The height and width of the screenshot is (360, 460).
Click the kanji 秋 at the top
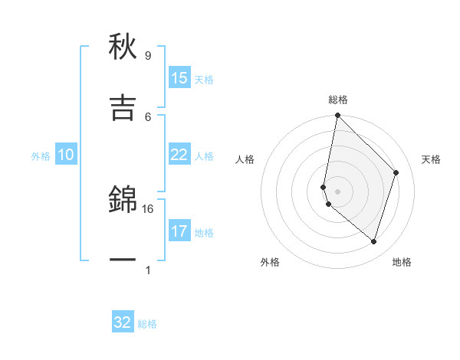click(x=123, y=47)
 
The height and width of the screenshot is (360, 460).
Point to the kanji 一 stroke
click(x=123, y=260)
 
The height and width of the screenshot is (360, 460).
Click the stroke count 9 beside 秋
click(x=147, y=56)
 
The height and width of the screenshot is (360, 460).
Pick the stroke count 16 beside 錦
click(x=148, y=208)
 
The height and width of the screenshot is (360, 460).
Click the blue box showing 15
click(x=179, y=78)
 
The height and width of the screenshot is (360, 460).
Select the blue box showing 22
click(x=179, y=155)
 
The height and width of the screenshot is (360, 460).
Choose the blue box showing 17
click(x=179, y=231)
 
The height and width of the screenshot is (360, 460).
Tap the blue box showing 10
click(x=66, y=155)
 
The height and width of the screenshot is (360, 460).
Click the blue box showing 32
click(x=123, y=322)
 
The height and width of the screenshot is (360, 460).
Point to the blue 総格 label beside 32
click(x=147, y=324)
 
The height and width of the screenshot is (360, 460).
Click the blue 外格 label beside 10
click(x=41, y=156)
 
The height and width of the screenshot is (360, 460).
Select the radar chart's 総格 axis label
click(x=338, y=100)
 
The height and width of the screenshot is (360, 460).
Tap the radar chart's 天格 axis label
click(x=432, y=159)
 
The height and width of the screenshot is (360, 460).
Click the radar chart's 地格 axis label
click(x=402, y=262)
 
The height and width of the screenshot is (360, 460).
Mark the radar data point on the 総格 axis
click(x=337, y=116)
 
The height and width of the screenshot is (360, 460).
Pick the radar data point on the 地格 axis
click(x=373, y=241)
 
